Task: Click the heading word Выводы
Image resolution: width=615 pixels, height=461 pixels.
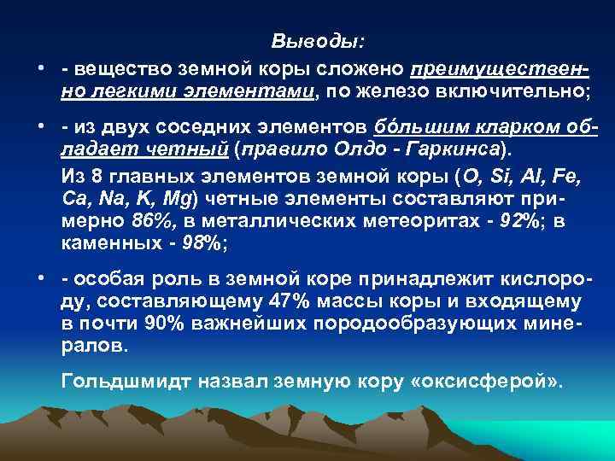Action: coord(317,41)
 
